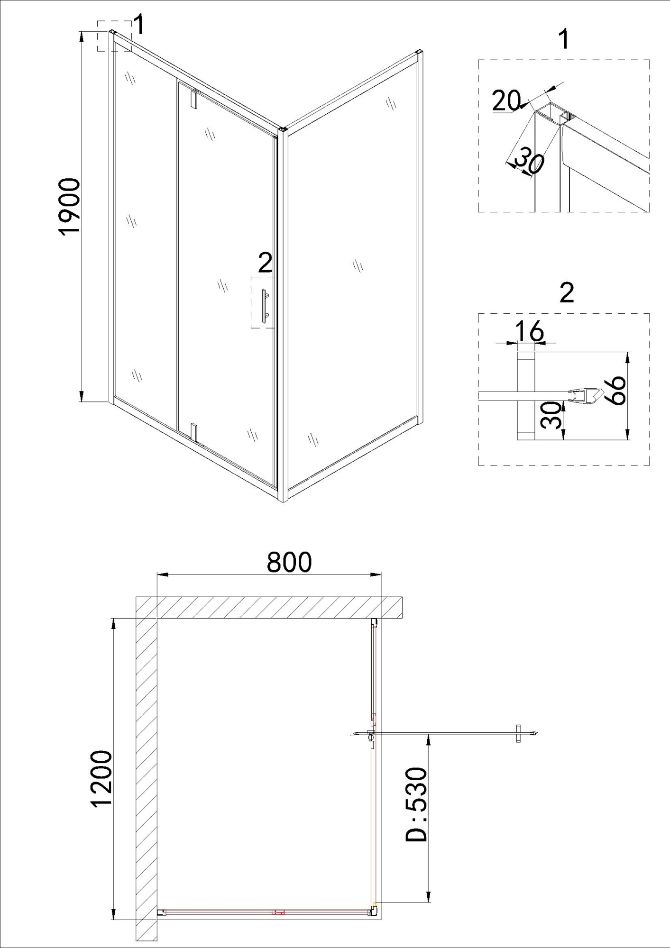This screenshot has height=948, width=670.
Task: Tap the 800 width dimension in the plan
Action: (289, 562)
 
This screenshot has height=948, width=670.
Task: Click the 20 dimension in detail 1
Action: (505, 100)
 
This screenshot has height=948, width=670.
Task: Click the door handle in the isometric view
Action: (264, 306)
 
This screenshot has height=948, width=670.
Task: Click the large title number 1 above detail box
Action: (563, 39)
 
